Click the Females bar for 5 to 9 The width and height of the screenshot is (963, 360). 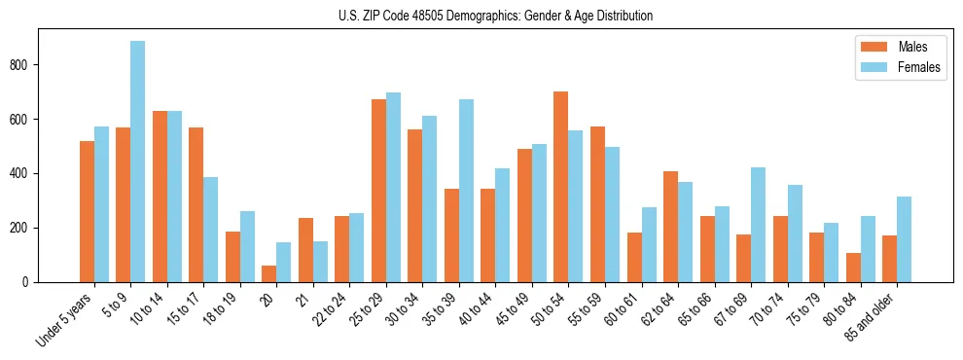[x=138, y=162]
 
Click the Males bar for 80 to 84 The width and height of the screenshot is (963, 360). [x=853, y=268]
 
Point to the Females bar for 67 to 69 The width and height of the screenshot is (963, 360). [x=758, y=225]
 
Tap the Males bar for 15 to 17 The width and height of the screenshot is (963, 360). [x=196, y=204]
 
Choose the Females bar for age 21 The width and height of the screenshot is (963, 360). [x=320, y=262]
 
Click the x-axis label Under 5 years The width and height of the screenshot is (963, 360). [x=66, y=319]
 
